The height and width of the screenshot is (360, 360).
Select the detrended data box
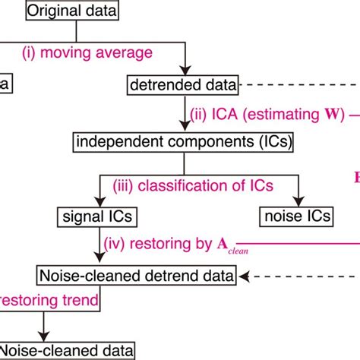[x=182, y=86]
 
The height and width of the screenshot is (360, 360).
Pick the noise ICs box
[x=297, y=216]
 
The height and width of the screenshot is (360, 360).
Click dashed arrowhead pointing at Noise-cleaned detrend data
[x=261, y=273]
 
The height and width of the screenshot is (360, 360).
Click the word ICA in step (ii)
[x=226, y=115]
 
